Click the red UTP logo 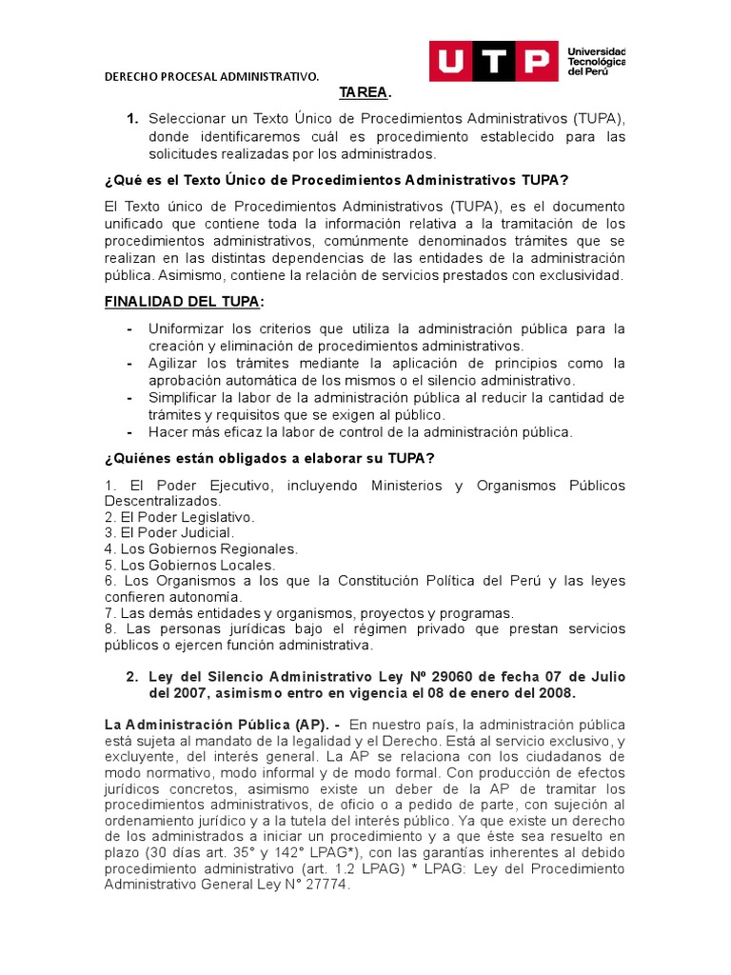(x=493, y=62)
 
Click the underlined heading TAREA (x=364, y=93)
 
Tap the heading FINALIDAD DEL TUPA (x=183, y=303)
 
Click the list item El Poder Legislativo (x=180, y=517)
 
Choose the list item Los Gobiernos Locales (x=189, y=565)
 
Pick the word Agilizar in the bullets (x=174, y=363)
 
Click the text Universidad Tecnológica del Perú (x=596, y=61)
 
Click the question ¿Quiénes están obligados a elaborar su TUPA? (x=269, y=458)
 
